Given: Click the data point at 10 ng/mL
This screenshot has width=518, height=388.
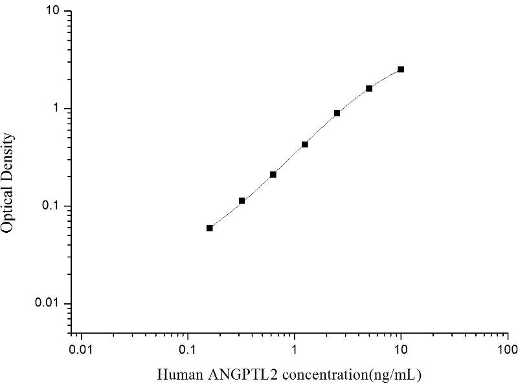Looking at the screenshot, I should [401, 69].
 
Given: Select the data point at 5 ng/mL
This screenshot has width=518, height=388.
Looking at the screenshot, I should [369, 89].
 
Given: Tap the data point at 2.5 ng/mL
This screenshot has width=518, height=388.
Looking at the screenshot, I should [337, 113].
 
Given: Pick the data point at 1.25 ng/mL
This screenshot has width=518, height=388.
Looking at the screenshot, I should [305, 144].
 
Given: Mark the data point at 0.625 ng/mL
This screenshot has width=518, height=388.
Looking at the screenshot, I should [273, 175].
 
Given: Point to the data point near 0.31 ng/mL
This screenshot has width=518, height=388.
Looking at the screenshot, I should [242, 201].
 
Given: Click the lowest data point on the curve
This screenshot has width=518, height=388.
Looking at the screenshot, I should [210, 228].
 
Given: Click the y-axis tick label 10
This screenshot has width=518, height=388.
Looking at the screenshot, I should [54, 12].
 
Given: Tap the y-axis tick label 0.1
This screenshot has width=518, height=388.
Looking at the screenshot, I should [53, 206].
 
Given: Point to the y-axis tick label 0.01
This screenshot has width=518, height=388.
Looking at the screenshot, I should [51, 304].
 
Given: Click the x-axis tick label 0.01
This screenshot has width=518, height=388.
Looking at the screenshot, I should [81, 350].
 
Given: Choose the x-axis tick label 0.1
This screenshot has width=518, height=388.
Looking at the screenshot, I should [188, 350].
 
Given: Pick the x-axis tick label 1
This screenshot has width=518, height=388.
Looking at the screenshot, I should [295, 350].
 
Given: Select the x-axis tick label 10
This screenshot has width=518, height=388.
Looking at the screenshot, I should [401, 350].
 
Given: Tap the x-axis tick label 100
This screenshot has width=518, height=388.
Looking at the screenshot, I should [508, 350].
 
